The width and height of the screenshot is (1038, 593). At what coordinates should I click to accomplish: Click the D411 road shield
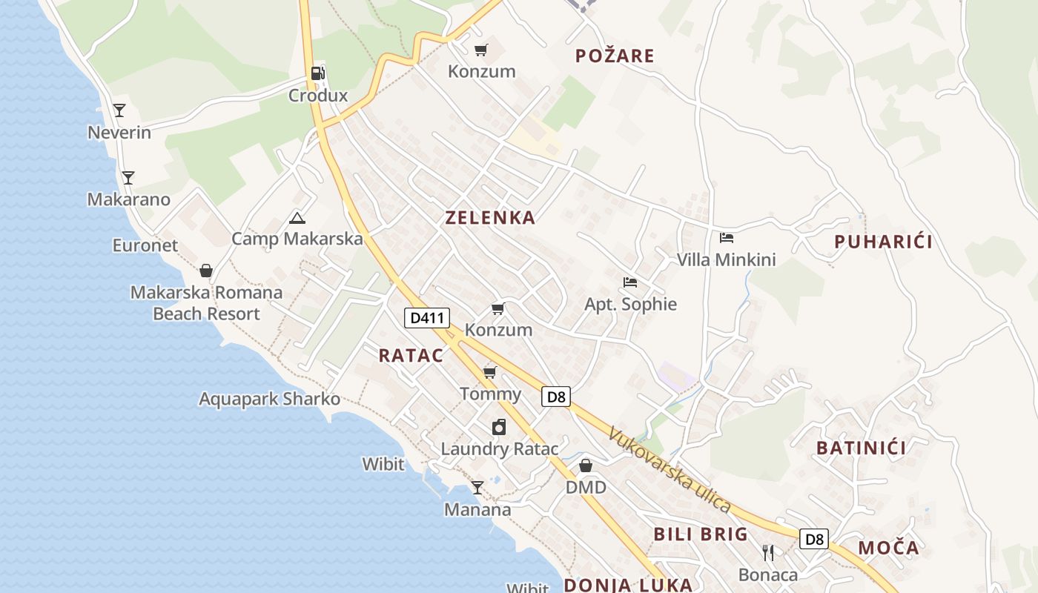427,318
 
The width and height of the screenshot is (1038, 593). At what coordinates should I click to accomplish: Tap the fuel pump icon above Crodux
317,73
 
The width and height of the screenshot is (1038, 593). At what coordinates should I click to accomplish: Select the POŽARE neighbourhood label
615,56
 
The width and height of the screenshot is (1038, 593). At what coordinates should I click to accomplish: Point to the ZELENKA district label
490,218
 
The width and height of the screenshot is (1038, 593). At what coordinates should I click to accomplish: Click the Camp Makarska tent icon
297,218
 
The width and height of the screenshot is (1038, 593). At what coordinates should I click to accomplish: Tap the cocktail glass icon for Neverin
119,110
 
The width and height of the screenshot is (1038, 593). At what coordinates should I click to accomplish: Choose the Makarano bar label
129,199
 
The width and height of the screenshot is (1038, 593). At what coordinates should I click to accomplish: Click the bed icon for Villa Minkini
727,238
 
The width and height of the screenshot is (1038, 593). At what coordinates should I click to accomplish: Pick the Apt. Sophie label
630,304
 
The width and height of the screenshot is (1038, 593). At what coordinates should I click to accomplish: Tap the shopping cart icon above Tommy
489,371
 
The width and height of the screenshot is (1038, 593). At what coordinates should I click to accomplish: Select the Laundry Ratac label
499,449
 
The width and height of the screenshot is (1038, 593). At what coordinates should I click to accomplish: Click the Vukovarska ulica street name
670,470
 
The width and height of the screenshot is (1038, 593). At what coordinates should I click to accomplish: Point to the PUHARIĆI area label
883,242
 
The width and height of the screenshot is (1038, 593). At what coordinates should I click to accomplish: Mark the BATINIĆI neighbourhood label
861,448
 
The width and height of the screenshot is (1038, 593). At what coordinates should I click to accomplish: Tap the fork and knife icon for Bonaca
768,553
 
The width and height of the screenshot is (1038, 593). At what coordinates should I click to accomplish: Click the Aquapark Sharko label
269,400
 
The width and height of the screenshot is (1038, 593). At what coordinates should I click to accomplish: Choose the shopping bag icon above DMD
586,466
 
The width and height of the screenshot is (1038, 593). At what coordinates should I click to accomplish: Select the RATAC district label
411,356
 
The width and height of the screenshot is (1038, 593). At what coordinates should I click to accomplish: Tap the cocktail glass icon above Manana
477,488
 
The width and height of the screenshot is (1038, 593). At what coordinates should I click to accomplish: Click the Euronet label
145,245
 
